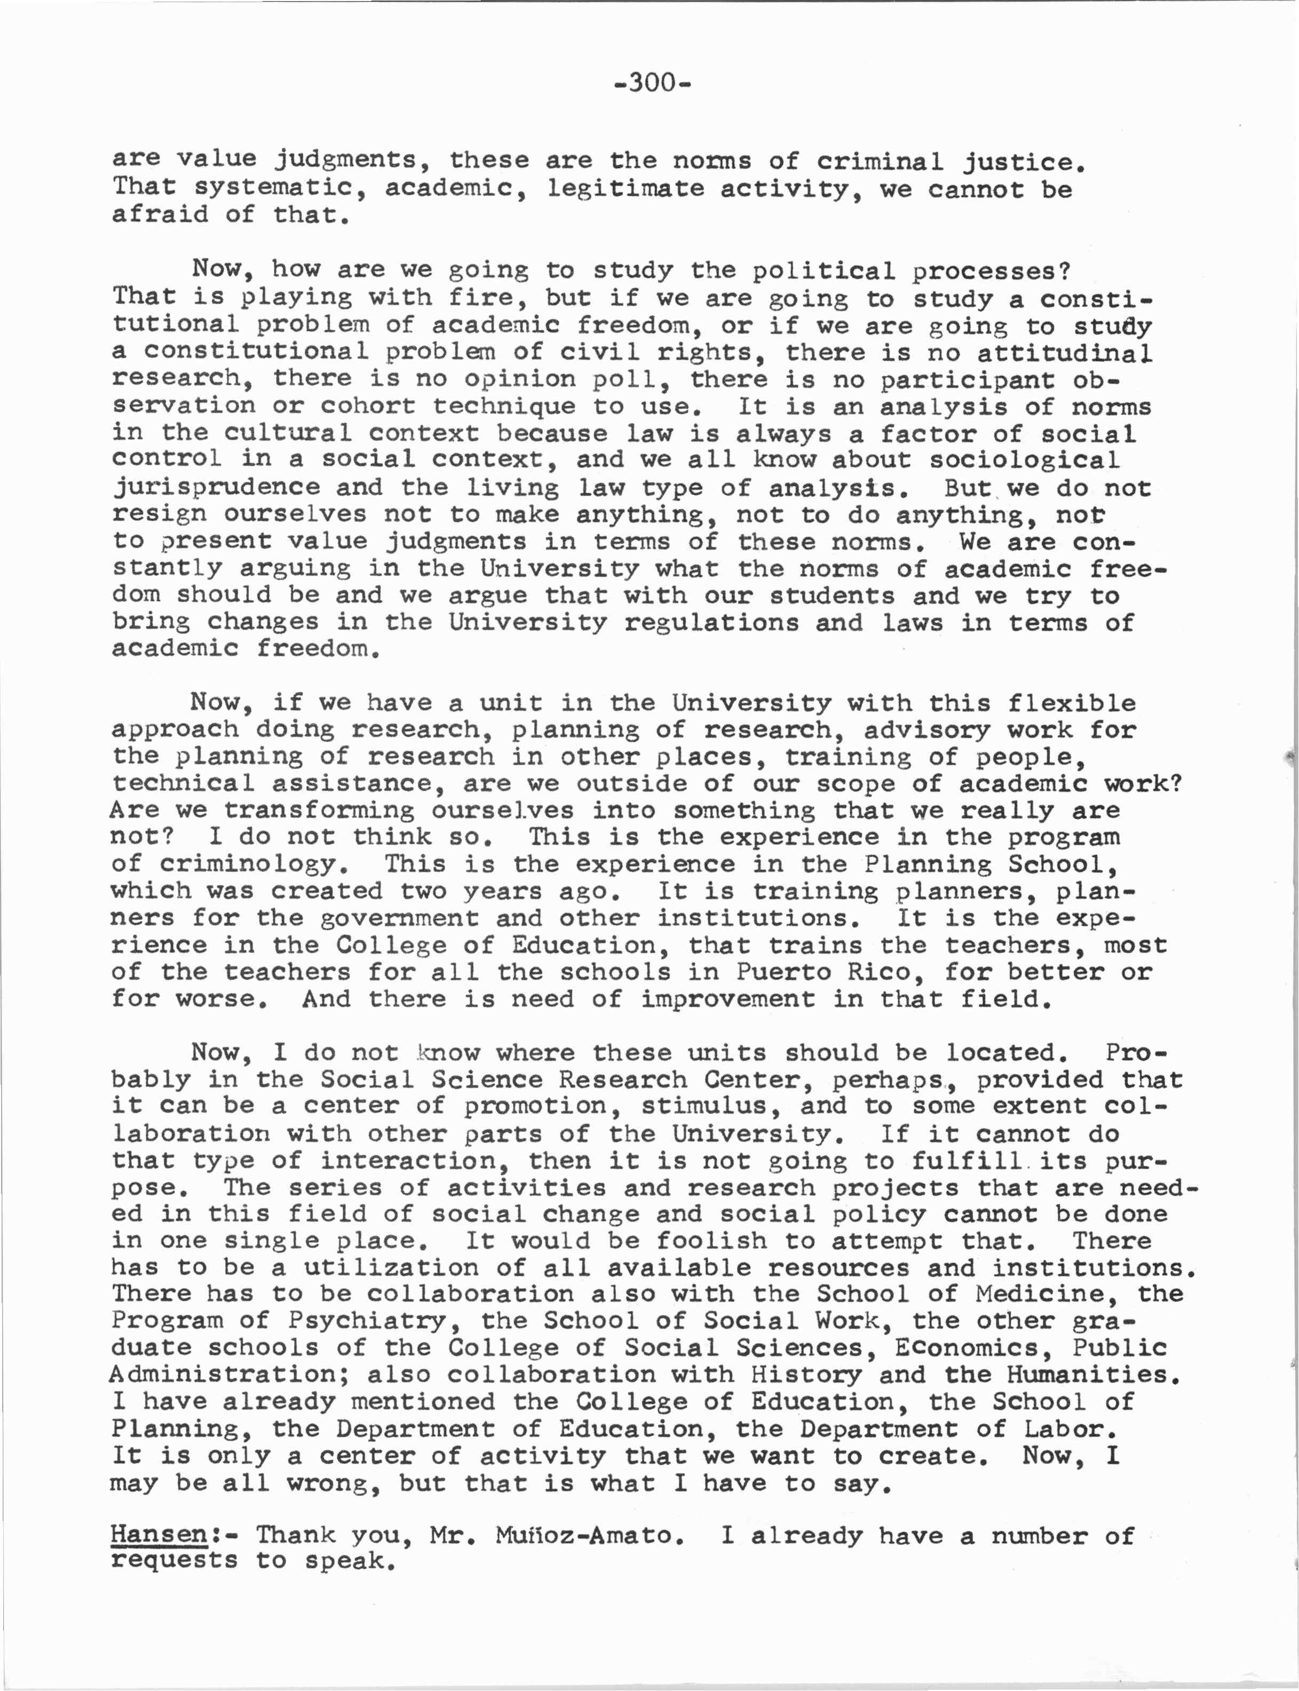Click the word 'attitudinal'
pyautogui.click(x=1064, y=353)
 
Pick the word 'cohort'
pyautogui.click(x=368, y=406)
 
